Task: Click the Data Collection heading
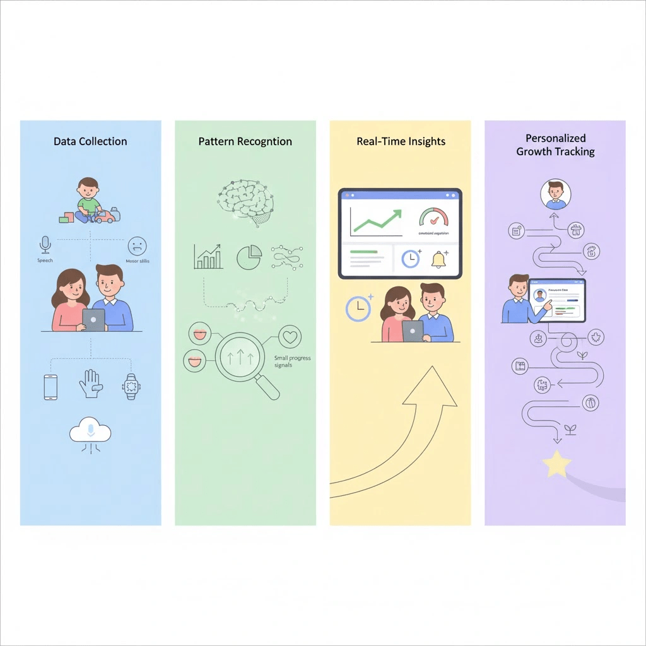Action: click(90, 141)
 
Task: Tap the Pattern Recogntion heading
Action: click(245, 141)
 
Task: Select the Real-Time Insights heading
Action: click(401, 141)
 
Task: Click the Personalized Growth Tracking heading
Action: click(555, 144)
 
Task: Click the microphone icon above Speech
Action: click(45, 244)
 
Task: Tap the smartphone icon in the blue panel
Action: click(50, 386)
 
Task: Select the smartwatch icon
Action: click(131, 386)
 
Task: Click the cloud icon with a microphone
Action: click(90, 432)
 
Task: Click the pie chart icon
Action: click(249, 257)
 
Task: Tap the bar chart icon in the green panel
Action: click(208, 257)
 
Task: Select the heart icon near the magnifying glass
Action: click(289, 337)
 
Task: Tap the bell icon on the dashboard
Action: click(439, 259)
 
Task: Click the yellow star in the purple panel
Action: click(556, 464)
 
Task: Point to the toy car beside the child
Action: click(107, 216)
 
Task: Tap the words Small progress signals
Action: click(292, 361)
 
